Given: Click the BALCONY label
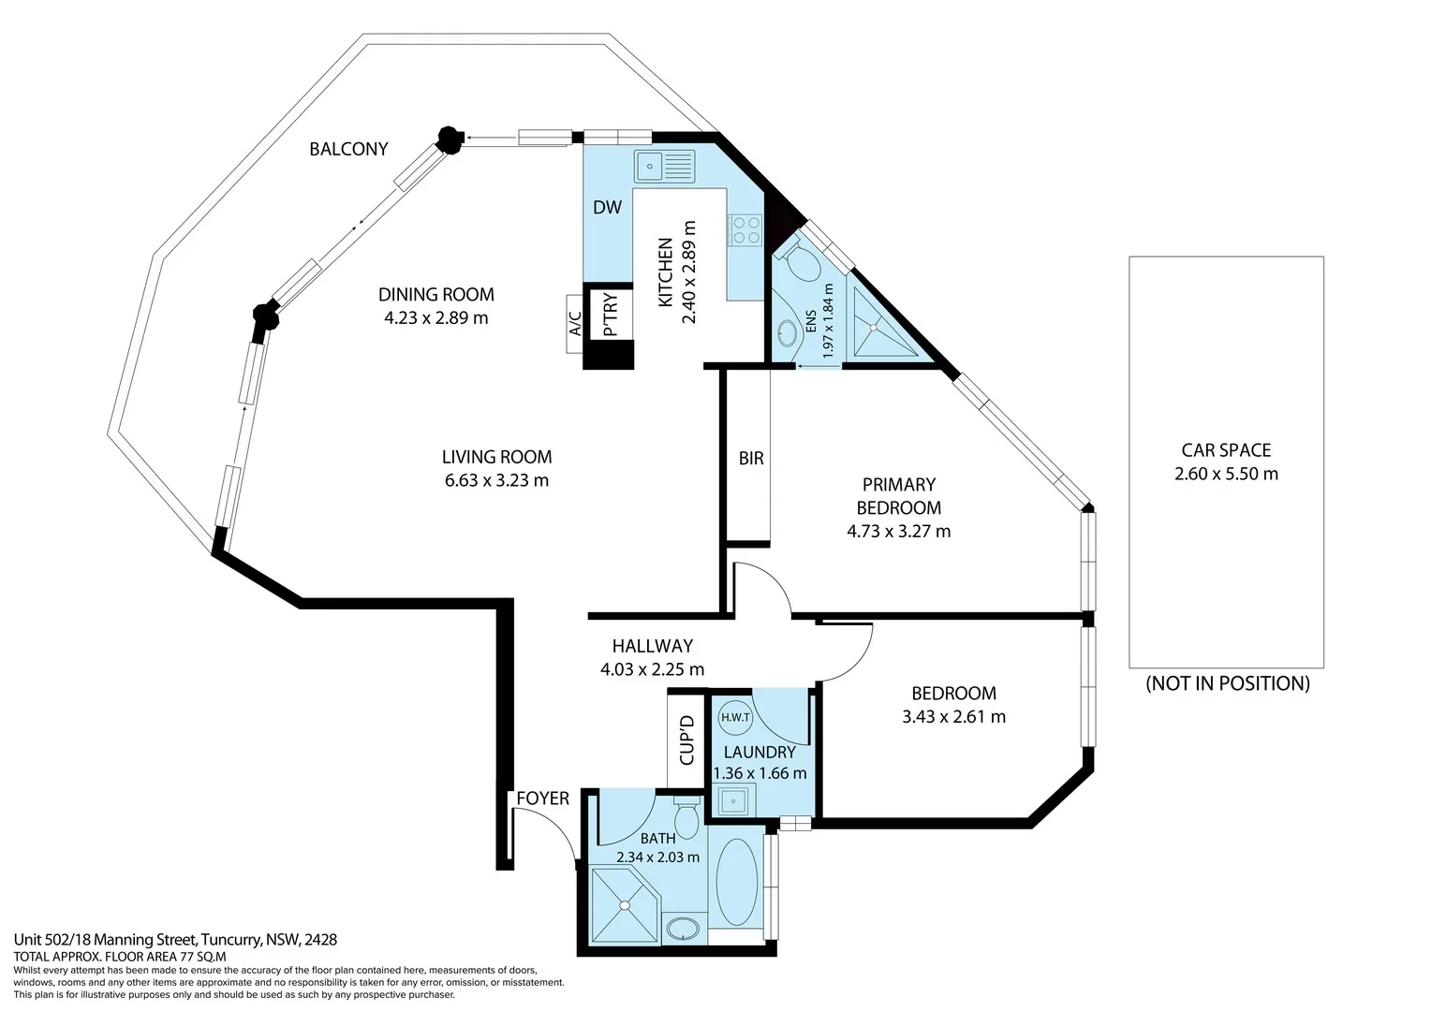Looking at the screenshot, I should point(348,149).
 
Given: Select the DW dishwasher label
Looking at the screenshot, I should point(607,208).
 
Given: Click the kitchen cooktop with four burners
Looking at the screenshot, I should point(745,230).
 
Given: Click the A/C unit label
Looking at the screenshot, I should point(575,324).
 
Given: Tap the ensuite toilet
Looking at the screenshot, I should point(800,261).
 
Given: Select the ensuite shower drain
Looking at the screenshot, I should point(877,328).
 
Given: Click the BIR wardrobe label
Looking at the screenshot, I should point(751,459).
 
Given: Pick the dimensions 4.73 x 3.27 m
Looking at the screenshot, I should point(898,532).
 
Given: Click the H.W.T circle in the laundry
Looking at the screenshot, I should point(735,718).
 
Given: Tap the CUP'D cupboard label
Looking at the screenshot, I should point(686,740).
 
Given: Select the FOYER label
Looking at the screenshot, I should point(542,799).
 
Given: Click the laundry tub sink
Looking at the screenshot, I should point(733,801).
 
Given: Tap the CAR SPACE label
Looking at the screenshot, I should point(1225,450).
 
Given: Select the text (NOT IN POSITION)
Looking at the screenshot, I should point(1227,683).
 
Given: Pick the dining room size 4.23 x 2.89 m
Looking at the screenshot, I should point(435,318).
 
